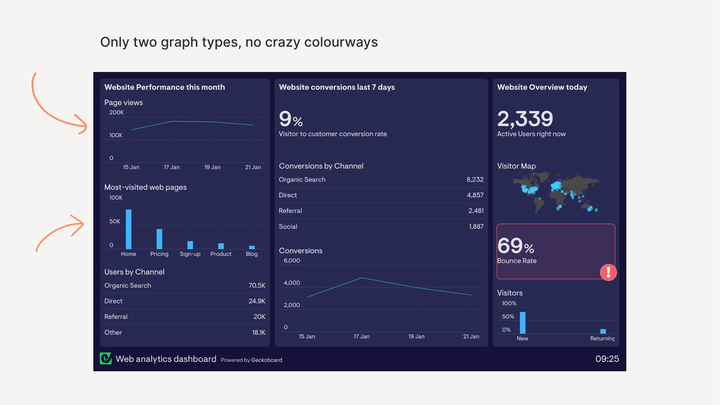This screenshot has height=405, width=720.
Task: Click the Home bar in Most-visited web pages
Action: click(x=129, y=229)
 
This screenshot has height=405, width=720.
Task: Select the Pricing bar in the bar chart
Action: click(x=159, y=239)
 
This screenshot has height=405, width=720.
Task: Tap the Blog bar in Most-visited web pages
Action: click(x=252, y=247)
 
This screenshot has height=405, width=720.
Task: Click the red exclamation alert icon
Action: click(x=608, y=272)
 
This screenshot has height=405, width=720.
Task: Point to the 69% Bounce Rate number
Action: click(x=515, y=246)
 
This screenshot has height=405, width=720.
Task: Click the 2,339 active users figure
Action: click(x=525, y=119)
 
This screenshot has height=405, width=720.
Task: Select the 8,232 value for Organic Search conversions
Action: click(x=475, y=180)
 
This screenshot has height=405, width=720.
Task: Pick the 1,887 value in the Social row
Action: click(x=476, y=226)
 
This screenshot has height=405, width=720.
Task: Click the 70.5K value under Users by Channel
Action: click(x=257, y=285)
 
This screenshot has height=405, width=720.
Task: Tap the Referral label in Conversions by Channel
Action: click(x=290, y=211)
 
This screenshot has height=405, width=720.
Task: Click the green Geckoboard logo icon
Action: click(x=106, y=358)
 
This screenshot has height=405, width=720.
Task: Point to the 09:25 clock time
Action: click(x=607, y=359)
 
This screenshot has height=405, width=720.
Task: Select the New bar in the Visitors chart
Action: click(x=522, y=322)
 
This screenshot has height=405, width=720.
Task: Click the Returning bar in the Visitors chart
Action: click(x=603, y=331)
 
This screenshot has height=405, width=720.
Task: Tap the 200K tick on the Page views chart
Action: click(x=116, y=112)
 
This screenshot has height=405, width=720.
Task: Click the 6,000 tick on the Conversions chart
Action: click(x=292, y=261)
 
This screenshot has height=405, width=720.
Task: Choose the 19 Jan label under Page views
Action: click(x=212, y=167)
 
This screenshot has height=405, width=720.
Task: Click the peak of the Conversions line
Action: click(x=362, y=278)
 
